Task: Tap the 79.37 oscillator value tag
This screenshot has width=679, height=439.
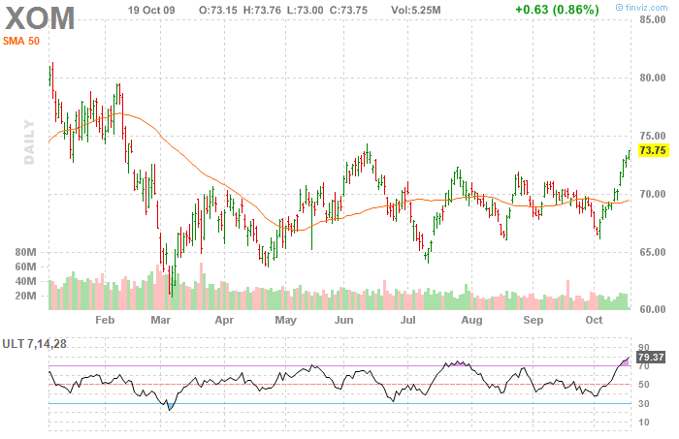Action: [x=647, y=358]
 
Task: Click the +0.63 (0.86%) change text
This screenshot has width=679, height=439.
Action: [x=557, y=10]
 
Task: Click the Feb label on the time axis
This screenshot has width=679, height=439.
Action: [x=105, y=319]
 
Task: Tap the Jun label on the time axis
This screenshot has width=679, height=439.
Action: [x=343, y=319]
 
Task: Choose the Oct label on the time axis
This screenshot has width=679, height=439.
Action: [x=593, y=319]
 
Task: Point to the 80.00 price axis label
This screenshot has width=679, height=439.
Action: [x=651, y=78]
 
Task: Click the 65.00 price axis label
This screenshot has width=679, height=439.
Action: [x=651, y=252]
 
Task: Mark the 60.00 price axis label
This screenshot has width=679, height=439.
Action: [x=651, y=309]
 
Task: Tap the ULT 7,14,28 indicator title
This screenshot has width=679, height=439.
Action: [x=36, y=344]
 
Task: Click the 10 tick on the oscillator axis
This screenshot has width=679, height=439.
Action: [x=642, y=423]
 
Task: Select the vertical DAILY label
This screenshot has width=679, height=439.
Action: [x=30, y=141]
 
